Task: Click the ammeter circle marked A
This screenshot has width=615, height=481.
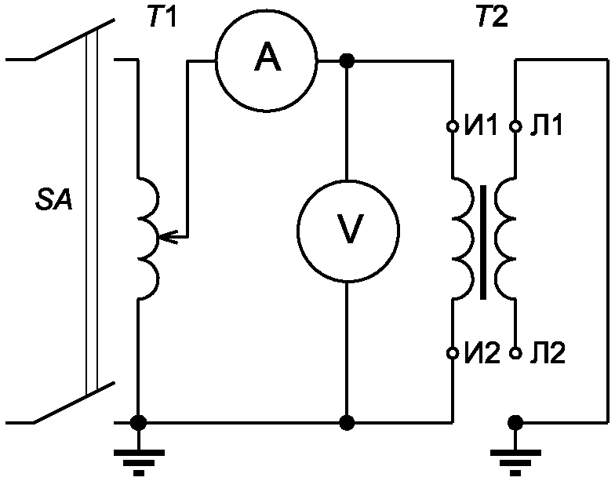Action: pyautogui.click(x=267, y=61)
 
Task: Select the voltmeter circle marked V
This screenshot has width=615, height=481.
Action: pyautogui.click(x=348, y=231)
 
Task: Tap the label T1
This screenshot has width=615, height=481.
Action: pyautogui.click(x=162, y=17)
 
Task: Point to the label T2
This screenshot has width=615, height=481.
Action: pyautogui.click(x=493, y=17)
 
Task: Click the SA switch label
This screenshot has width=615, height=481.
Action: pyautogui.click(x=53, y=201)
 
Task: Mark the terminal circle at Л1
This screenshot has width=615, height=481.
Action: pyautogui.click(x=516, y=126)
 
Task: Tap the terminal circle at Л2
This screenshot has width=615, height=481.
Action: pyautogui.click(x=516, y=353)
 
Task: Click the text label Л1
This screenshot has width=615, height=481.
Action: pyautogui.click(x=546, y=126)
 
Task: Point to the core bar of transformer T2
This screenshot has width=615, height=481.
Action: pyautogui.click(x=483, y=242)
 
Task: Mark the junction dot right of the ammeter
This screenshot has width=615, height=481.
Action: pyautogui.click(x=347, y=61)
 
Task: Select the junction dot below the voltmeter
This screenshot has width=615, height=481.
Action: pyautogui.click(x=347, y=422)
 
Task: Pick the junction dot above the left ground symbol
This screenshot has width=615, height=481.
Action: pyautogui.click(x=138, y=422)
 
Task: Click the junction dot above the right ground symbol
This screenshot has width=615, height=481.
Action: pyautogui.click(x=515, y=422)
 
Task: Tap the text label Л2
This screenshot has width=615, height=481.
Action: pyautogui.click(x=548, y=352)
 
